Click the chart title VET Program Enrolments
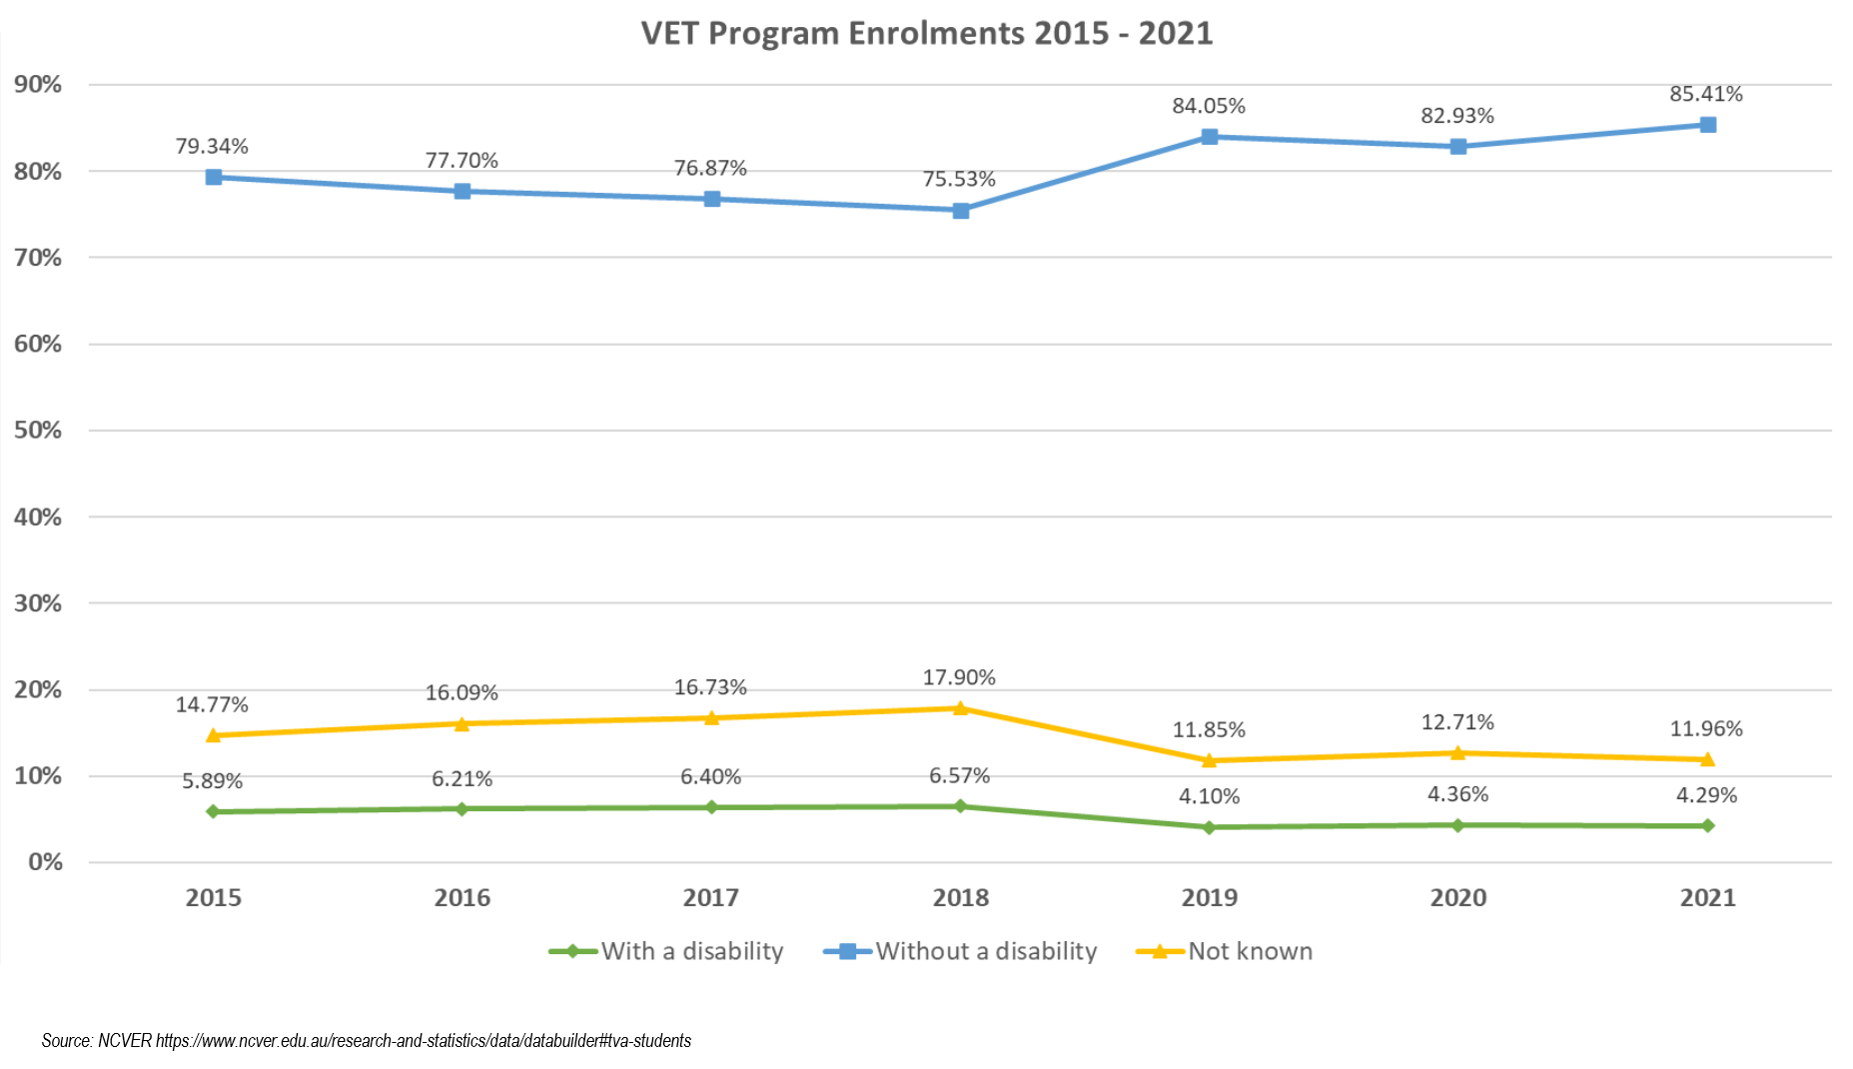pos(926,33)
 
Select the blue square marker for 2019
pos(1209,137)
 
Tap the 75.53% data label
pos(959,179)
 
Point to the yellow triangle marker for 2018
pos(960,708)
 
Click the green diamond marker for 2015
pos(213,811)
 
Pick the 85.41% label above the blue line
pos(1705,94)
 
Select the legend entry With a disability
pos(691,951)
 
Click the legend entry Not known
pos(1249,951)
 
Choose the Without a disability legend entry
pos(985,951)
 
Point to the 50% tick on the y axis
pos(38,431)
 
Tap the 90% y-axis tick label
pos(38,85)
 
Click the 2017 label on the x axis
pos(710,897)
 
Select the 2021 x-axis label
pos(1707,897)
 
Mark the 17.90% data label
pos(959,677)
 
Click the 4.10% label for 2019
pos(1209,796)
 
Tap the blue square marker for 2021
pos(1708,125)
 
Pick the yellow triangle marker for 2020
pos(1457,753)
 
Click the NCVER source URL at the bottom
pos(423,1041)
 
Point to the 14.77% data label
pos(212,704)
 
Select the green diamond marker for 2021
pos(1708,825)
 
